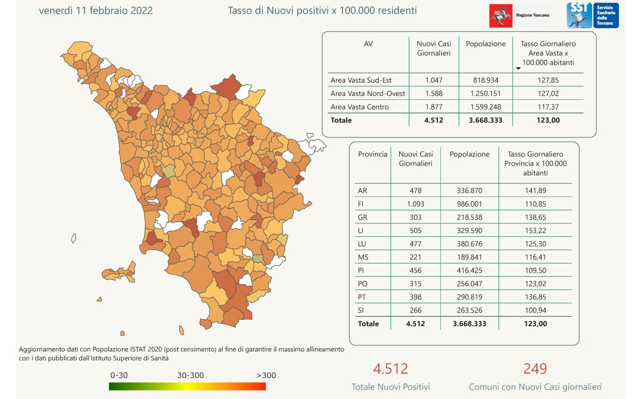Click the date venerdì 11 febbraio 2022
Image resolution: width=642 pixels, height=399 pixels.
pos(96,11)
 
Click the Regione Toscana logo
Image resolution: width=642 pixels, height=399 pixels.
pos(519,16)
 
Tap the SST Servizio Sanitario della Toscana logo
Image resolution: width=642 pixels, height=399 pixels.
pos(592,16)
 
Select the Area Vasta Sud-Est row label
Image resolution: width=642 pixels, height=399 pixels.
pos(361,80)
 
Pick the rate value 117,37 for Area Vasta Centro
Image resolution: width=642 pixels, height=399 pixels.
pos(548,107)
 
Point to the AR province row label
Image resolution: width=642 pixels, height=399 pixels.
pos(363,191)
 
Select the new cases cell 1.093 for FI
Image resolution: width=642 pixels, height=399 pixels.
pos(415,204)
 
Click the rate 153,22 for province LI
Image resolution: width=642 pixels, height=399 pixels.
pos(535,231)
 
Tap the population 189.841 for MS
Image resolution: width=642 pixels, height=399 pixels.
pos(469,257)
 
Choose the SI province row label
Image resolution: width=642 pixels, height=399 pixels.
pos(362,310)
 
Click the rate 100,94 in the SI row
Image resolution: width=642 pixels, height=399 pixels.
pos(535,310)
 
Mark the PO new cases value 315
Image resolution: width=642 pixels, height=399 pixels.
pos(415,284)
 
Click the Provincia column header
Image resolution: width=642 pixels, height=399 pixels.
pos(373,155)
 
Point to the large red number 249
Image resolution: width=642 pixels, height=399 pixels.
pos(535,369)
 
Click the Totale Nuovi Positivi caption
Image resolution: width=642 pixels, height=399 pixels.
pos(391,387)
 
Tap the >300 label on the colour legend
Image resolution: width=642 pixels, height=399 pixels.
pos(266,375)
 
